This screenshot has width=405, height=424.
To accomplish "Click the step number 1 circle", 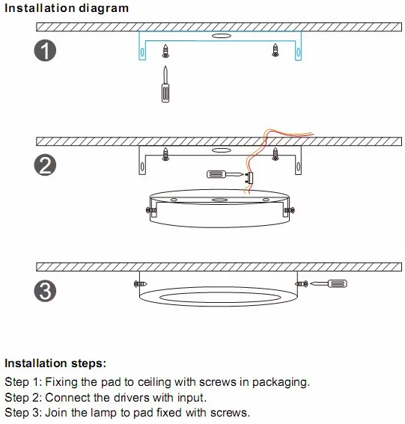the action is coord(45,51).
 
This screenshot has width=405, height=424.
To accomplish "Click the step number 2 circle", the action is coord(45,165).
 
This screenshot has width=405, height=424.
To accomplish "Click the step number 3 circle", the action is coord(45,291).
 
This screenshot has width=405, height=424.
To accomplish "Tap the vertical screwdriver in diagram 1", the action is coord(165,84).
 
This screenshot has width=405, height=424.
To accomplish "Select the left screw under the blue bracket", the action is coord(165,51).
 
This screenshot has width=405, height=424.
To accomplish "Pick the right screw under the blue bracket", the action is coord(275,50).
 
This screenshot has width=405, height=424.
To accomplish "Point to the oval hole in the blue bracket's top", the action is coord(222,36).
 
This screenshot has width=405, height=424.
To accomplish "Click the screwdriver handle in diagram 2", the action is coord(216,174).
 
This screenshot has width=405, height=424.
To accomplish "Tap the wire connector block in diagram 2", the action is coord(250,178).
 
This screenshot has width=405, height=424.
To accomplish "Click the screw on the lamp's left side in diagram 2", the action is coord(151,210).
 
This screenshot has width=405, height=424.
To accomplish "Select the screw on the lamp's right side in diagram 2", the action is coord(289,210).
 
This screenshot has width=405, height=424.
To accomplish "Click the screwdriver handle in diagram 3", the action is coord(337,283).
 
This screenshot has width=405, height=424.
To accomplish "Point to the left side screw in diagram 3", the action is coord(141,284).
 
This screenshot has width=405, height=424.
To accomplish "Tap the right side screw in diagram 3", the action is coord(302,284).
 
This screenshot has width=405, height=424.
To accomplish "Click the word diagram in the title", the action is coord(104,8).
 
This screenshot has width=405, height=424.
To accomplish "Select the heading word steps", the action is coord(88,363).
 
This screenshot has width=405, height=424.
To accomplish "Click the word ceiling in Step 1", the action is coord(154,382).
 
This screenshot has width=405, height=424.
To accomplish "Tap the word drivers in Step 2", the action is coord(132,398).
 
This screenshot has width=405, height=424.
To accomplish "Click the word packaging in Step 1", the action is coord(281,382).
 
